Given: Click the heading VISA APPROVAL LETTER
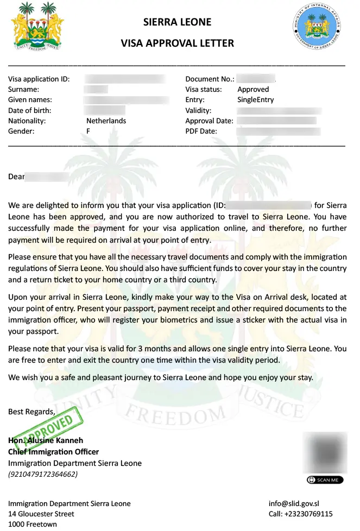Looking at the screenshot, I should (x=177, y=43).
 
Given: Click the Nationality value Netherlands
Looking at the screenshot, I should (x=106, y=121).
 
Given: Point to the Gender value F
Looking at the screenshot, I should (x=89, y=131).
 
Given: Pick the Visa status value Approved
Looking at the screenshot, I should (x=253, y=90).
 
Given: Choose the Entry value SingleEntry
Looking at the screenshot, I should (x=255, y=100).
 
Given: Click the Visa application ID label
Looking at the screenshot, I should (x=39, y=79).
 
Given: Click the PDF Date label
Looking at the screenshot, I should (x=201, y=131).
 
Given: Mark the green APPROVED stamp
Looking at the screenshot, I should (x=49, y=428).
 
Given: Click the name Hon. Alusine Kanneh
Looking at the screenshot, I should (x=46, y=440).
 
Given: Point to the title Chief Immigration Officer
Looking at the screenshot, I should (x=53, y=452).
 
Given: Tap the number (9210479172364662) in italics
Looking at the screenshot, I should (x=42, y=475).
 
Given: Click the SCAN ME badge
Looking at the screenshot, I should (x=325, y=480).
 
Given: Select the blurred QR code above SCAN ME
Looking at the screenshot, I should (x=325, y=452).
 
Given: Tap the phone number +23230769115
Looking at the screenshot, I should (x=300, y=514).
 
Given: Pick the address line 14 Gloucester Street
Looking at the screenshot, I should (x=41, y=514).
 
